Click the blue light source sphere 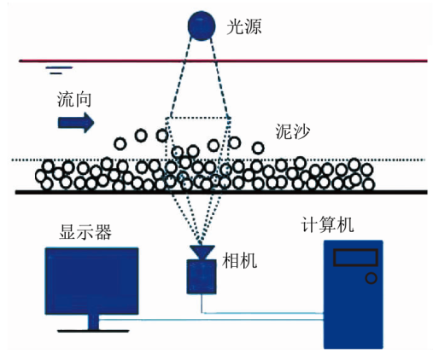pyautogui.click(x=202, y=26)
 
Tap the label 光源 pyautogui.click(x=244, y=27)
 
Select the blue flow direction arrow pyautogui.click(x=76, y=123)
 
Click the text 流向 pyautogui.click(x=74, y=100)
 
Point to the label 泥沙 pyautogui.click(x=292, y=131)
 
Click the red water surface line pyautogui.click(x=223, y=61)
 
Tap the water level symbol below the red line pyautogui.click(x=59, y=70)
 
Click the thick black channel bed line pyautogui.click(x=221, y=192)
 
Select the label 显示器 pyautogui.click(x=85, y=232)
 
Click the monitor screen pyautogui.click(x=92, y=281)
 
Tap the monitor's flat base pyautogui.click(x=93, y=331)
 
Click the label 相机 pyautogui.click(x=239, y=260)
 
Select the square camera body pyautogui.click(x=202, y=276)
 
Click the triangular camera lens pyautogui.click(x=202, y=252)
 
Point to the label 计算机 pyautogui.click(x=327, y=224)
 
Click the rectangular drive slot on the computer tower pyautogui.click(x=355, y=258)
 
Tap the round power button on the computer pyautogui.click(x=371, y=278)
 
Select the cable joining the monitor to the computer pyautogui.click(x=211, y=320)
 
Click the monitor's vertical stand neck pyautogui.click(x=93, y=322)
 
